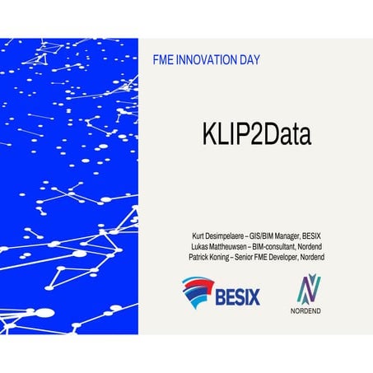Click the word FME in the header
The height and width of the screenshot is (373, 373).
[165, 61]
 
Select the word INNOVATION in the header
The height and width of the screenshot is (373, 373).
[208, 61]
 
